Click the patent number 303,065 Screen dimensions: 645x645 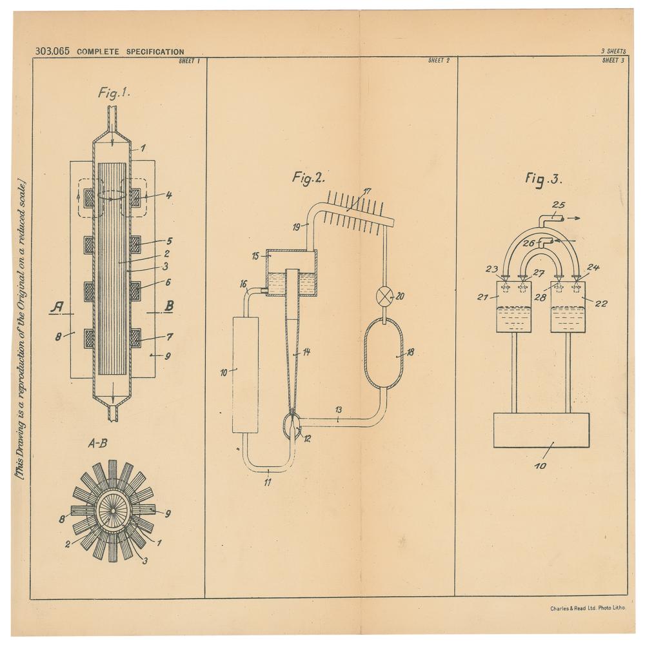coord(53,51)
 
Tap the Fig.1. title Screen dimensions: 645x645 coord(114,93)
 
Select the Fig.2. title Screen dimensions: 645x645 coord(308,179)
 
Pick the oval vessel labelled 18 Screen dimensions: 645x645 coord(384,353)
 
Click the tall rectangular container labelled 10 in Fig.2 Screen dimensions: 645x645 coord(245,375)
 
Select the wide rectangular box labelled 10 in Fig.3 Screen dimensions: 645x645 coord(542,430)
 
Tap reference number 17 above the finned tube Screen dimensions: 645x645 coord(367,191)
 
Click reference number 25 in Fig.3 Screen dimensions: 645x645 coord(559,205)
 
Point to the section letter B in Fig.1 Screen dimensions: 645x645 coord(168,306)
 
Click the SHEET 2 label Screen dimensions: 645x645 coord(439,61)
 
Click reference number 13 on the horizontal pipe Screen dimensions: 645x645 coord(339,410)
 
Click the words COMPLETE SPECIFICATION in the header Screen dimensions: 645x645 coord(130,52)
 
